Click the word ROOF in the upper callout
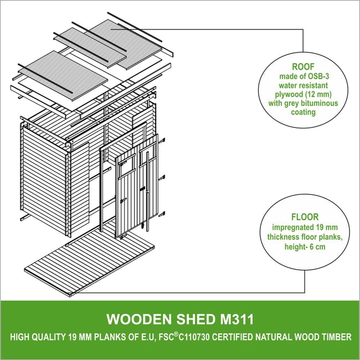303,66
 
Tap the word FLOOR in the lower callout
305,217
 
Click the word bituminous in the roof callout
320,103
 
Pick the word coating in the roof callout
304,112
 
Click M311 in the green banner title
237,319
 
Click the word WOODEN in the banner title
139,319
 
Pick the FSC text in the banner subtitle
166,337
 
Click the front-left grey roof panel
63,75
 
